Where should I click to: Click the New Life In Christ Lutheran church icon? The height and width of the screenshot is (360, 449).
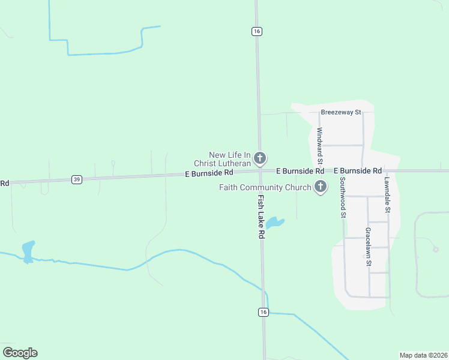260,158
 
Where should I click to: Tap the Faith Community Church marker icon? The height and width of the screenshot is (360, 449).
321,187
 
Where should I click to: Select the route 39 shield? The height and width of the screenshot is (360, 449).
76,179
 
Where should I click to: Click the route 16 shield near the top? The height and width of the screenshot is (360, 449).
257,31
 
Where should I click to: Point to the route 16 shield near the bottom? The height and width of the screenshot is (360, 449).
263,312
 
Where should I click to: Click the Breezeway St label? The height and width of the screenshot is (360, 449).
340,112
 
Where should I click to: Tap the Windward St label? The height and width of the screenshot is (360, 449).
320,146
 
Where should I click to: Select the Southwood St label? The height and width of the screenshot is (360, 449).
343,196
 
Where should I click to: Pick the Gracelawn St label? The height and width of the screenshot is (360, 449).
369,247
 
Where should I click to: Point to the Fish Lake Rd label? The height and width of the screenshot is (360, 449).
261,217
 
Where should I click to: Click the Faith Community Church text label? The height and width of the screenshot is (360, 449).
265,188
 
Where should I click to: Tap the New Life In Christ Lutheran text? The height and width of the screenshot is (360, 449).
221,159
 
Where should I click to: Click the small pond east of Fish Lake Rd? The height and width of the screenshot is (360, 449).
274,223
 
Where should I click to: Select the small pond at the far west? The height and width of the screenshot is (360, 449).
28,250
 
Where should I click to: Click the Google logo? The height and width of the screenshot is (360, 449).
20,353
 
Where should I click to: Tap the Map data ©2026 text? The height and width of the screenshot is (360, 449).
423,355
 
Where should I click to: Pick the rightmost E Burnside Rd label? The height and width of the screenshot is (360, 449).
358,171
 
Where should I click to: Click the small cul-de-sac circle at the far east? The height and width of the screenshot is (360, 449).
436,250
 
